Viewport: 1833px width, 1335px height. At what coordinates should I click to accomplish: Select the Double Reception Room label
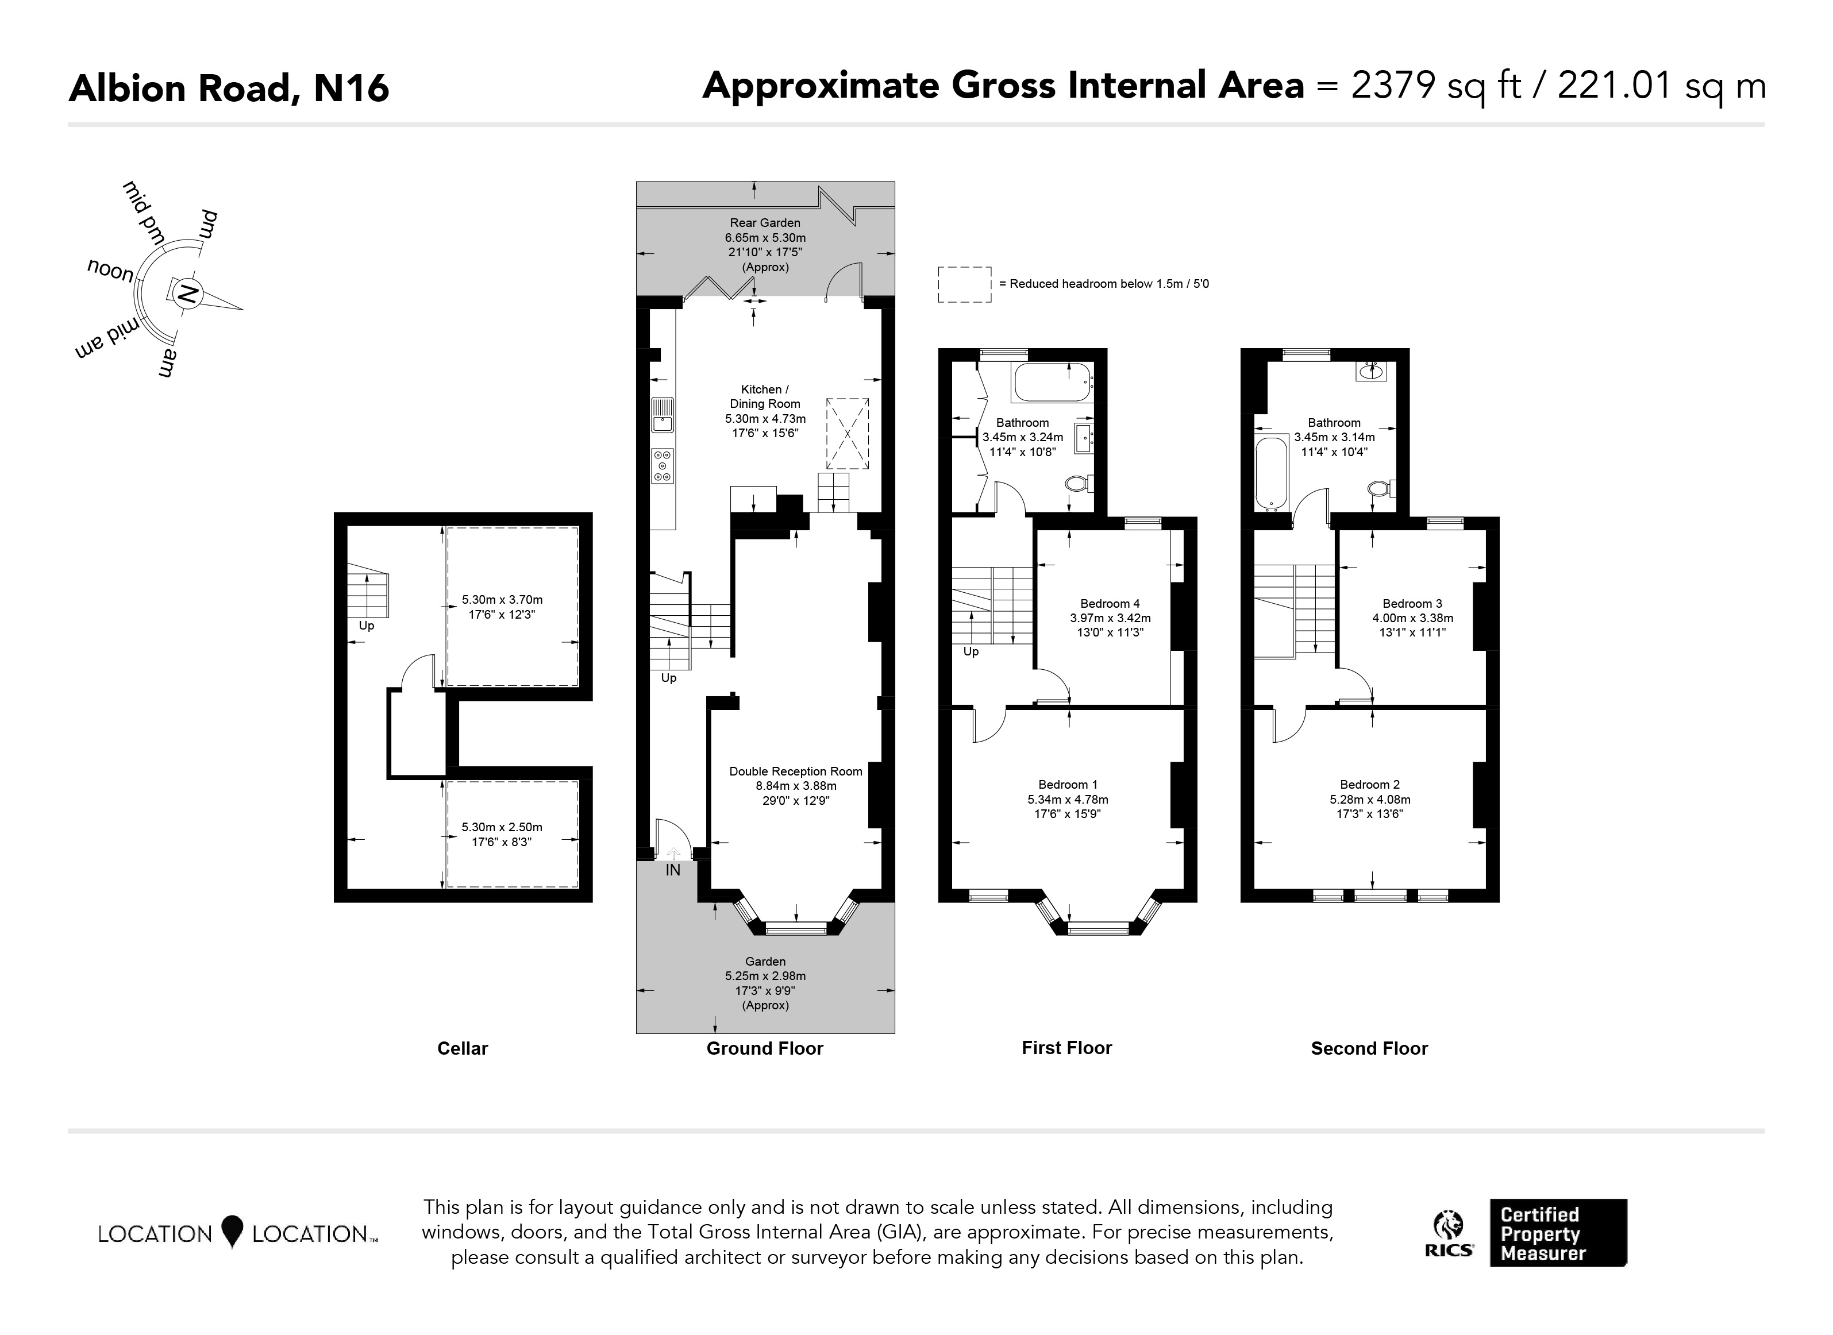point(795,771)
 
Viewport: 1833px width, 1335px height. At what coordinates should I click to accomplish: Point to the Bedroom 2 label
point(1369,785)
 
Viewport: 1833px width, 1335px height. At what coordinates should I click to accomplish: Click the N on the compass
point(187,294)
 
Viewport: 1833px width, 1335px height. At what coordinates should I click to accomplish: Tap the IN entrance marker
point(672,870)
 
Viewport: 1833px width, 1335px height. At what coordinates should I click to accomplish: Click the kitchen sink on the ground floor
point(663,415)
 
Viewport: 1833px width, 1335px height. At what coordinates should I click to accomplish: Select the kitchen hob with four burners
point(663,466)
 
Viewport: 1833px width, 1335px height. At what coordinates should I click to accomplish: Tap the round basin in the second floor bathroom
point(1372,372)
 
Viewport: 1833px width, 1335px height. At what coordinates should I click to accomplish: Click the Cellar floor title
point(463,1048)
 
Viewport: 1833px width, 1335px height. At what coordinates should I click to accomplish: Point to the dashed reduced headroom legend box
point(964,284)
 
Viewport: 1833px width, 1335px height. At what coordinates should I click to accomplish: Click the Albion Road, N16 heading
point(229,88)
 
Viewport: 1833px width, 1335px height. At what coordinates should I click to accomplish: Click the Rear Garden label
point(765,223)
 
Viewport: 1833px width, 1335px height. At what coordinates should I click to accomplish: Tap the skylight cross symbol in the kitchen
point(847,433)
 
